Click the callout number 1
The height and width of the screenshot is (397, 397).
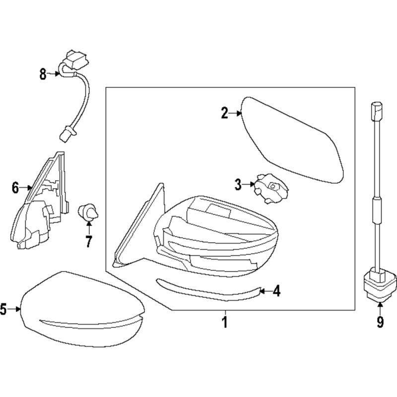224,323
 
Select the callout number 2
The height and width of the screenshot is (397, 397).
225,114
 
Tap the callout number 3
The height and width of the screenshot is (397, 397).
238,185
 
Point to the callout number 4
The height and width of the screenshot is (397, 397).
276,291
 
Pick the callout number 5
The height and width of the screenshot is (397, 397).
3,310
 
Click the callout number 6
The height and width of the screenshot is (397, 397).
15,188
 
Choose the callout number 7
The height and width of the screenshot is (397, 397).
89,243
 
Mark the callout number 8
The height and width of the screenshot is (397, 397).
43,74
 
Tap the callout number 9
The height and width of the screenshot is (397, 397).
380,323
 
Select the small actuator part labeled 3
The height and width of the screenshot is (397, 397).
269,189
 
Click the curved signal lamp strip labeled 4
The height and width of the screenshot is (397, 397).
208,291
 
